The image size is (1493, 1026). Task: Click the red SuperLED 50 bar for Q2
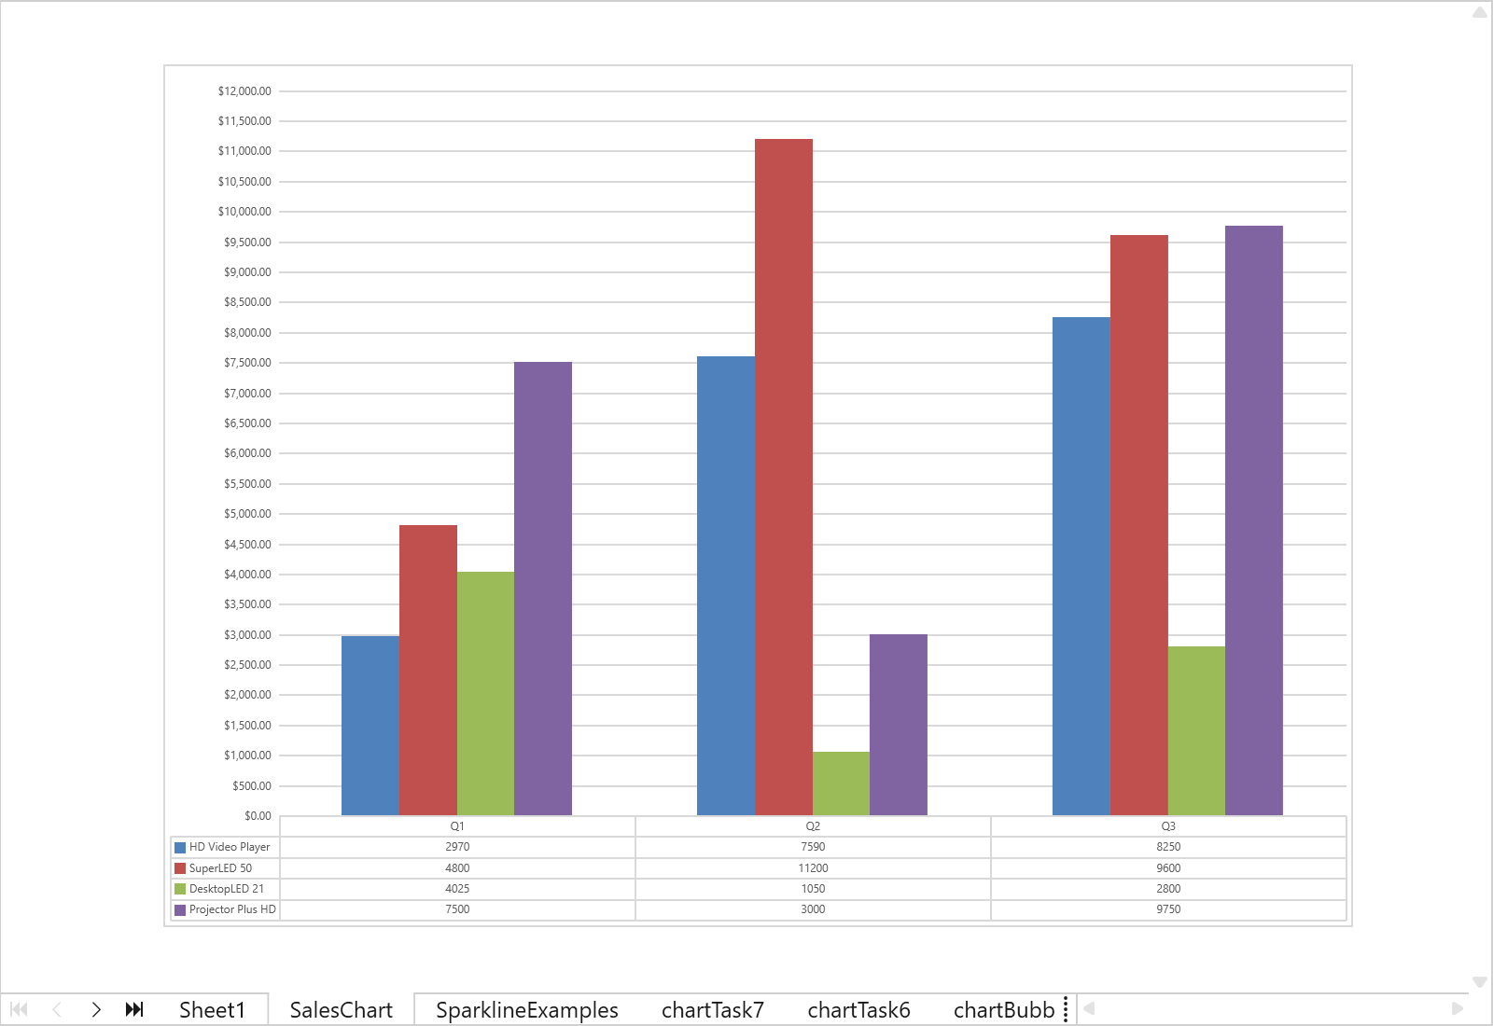point(783,476)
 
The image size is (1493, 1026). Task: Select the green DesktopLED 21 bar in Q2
point(841,783)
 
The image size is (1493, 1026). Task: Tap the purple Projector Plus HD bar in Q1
point(542,588)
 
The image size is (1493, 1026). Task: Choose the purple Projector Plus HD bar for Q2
point(898,724)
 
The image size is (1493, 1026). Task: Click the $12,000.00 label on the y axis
point(244,91)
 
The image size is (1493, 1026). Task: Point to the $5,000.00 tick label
point(247,514)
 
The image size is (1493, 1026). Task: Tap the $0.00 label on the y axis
point(258,816)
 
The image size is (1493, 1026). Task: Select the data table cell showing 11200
point(813,868)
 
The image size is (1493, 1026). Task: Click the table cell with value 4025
point(457,889)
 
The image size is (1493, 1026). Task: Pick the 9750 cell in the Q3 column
point(1168,909)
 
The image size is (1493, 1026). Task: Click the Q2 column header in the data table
point(813,826)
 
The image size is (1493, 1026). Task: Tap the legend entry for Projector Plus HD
point(232,909)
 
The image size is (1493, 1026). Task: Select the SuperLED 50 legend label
point(220,868)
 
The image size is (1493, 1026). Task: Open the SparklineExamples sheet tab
point(526,1010)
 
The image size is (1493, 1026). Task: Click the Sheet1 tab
point(212,1010)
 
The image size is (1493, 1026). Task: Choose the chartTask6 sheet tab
point(858,1010)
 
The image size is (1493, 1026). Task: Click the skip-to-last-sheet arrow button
point(134,1009)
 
